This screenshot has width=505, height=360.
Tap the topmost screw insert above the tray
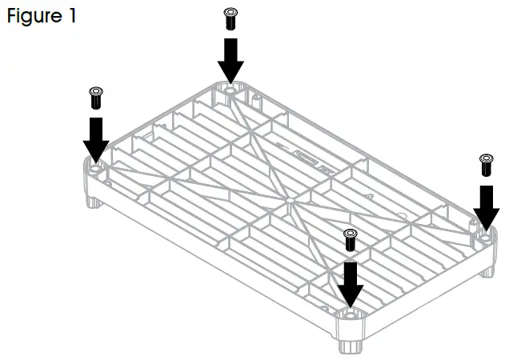point(230,18)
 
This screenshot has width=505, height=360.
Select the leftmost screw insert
point(95,98)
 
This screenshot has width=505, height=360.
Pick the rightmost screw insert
point(485,166)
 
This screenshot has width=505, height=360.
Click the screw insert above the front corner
point(349,239)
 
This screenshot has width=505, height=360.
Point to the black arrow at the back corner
point(230,60)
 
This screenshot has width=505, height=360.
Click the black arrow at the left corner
point(95,138)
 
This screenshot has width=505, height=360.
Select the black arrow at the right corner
point(485,206)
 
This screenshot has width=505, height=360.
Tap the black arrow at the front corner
point(349,281)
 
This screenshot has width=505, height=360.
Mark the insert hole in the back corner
point(230,90)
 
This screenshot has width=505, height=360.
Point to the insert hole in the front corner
point(348,312)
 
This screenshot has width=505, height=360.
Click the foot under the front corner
point(349,346)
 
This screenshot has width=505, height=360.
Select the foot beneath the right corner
point(487,270)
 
